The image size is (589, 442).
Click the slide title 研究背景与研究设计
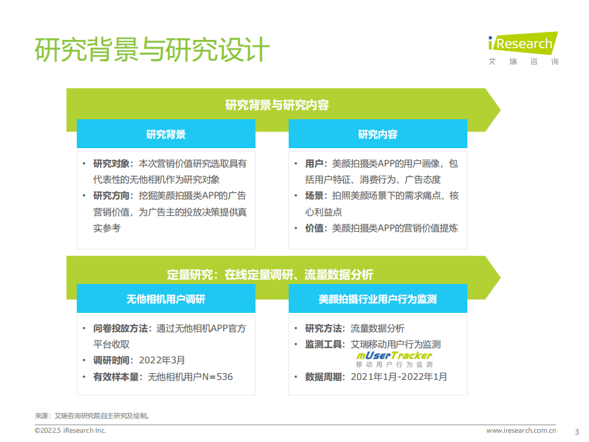152,50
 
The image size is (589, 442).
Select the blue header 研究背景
166,134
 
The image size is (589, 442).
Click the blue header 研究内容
378,134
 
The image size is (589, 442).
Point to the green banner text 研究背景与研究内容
277,105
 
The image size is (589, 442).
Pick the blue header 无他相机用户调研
166,299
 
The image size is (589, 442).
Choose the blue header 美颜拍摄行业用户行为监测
378,299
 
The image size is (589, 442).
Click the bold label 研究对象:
112,164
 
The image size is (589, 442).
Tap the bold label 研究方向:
112,195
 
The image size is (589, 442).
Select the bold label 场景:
316,195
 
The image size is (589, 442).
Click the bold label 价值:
316,227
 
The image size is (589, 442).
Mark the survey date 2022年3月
162,360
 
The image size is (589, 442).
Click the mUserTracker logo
394,359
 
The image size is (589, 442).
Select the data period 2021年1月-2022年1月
399,376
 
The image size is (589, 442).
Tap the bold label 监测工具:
325,344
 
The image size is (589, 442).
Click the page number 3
576,431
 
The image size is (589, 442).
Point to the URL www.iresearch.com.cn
521,430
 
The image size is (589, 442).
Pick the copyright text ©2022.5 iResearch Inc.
70,430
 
